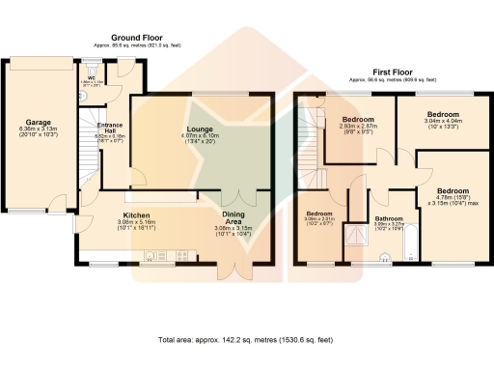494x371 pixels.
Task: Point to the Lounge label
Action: tap(200, 128)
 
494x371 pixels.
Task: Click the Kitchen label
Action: tap(136, 215)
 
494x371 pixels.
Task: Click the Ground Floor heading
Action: tap(134, 36)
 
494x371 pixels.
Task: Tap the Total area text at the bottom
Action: tap(246, 341)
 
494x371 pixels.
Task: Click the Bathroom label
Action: tap(389, 219)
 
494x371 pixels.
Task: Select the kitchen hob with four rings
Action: tap(184, 256)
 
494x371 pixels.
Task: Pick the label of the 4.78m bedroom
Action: tap(452, 190)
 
